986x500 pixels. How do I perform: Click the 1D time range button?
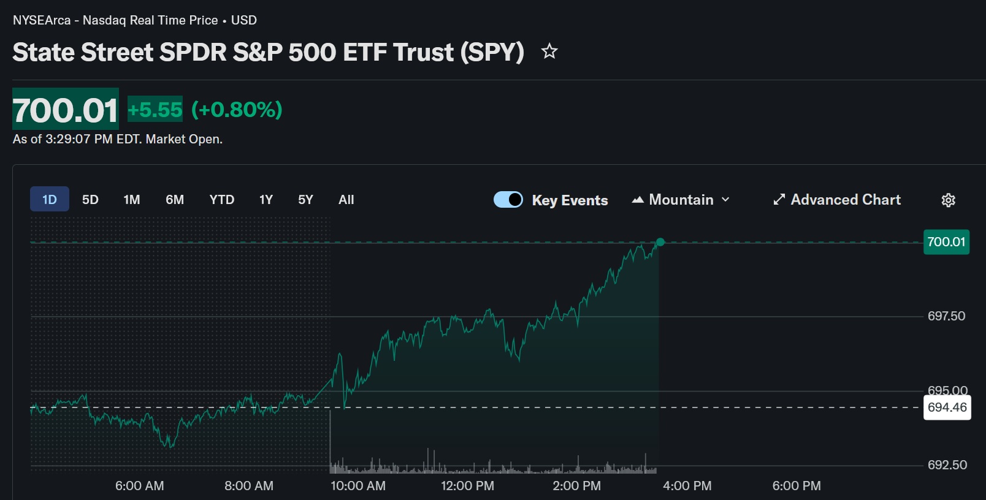coord(50,200)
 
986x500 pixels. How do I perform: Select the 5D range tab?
coord(90,200)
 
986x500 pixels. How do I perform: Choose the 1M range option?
coord(132,200)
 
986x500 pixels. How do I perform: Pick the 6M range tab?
coord(175,200)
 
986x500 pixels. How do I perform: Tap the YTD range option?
coord(221,200)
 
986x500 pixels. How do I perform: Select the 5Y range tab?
coord(305,200)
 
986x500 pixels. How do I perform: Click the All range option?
coord(346,200)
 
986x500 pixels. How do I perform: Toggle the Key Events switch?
coord(508,200)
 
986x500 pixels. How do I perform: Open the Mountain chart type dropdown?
coord(681,200)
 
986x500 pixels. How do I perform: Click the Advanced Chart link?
coord(837,200)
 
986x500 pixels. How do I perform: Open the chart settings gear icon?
coord(948,200)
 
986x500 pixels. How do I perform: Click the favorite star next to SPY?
coord(549,51)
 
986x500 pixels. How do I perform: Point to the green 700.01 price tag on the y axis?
coord(946,242)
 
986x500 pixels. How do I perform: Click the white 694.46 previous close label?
coord(947,407)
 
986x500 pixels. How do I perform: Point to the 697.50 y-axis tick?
coord(946,316)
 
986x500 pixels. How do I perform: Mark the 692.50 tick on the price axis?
coord(947,465)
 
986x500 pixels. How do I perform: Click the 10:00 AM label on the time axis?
coord(358,486)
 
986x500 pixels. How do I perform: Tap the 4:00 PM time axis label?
coord(687,486)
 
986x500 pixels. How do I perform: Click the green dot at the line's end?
coord(660,242)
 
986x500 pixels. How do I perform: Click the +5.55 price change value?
coord(155,110)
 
